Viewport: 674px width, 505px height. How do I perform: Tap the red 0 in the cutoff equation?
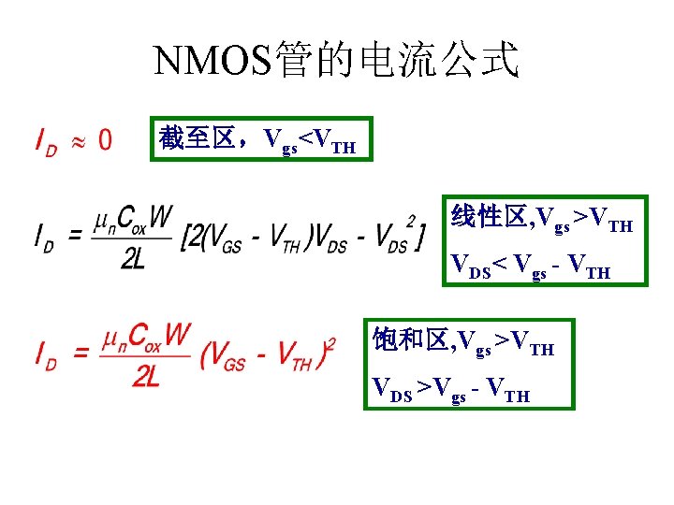106,140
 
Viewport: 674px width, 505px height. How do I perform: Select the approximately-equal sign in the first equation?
80,141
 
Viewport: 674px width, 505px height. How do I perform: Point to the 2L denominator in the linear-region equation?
133,259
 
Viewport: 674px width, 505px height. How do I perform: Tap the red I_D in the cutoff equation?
45,141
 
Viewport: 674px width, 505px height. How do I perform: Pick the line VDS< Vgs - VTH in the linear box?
530,271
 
